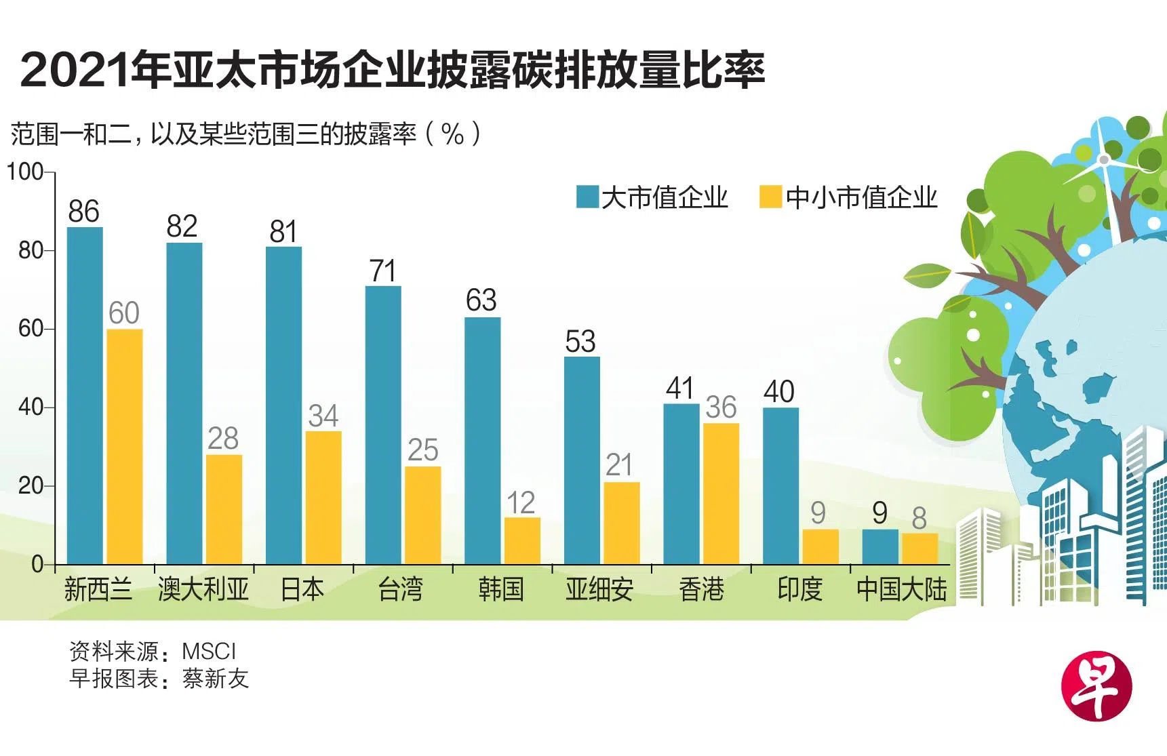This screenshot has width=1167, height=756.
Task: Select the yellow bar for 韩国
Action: click(522, 540)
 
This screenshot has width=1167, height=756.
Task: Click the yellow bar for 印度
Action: click(820, 546)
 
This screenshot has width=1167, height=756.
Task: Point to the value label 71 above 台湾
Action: click(383, 271)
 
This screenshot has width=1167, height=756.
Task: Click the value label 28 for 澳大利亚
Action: click(223, 439)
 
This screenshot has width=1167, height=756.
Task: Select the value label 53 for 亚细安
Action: click(580, 342)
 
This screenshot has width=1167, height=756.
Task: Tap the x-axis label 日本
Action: click(302, 589)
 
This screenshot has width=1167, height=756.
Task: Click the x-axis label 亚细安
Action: click(599, 589)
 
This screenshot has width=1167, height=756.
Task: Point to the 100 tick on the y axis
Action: click(26, 172)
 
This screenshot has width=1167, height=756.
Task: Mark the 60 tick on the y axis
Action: click(31, 329)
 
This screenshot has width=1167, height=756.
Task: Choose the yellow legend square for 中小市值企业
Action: click(770, 197)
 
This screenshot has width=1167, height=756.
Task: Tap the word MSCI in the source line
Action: click(209, 651)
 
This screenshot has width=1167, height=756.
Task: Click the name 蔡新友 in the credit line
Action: click(216, 678)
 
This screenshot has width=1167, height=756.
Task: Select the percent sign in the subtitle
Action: click(452, 134)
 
